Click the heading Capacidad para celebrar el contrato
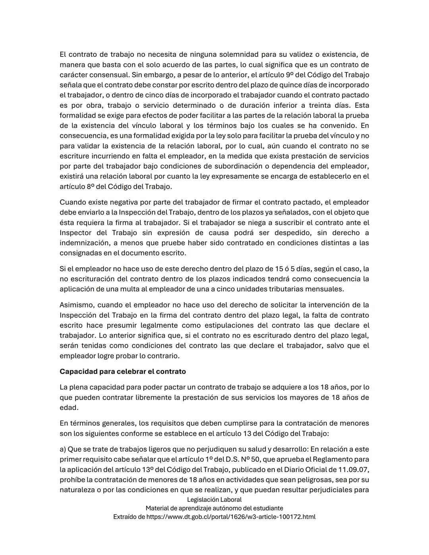[122, 371]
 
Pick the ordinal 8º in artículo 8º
[90, 186]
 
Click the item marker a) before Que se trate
[63, 449]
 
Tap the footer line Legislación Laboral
[214, 499]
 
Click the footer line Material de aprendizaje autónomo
[214, 508]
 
